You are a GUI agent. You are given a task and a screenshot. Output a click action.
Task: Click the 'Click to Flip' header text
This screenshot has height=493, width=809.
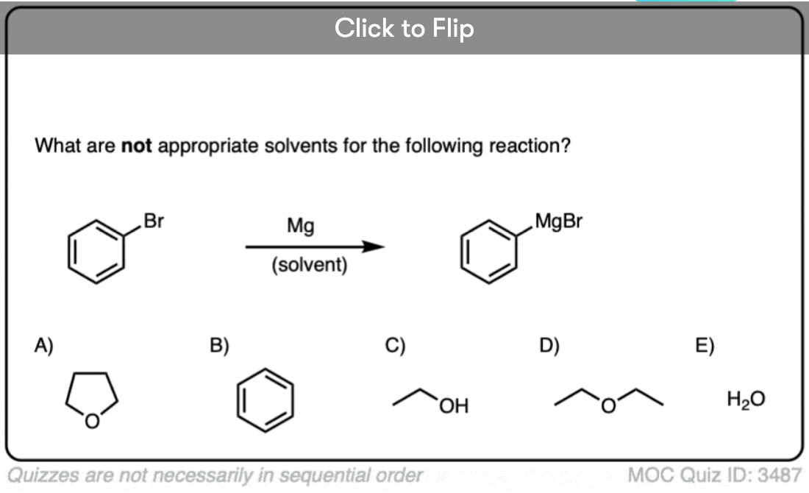pyautogui.click(x=404, y=28)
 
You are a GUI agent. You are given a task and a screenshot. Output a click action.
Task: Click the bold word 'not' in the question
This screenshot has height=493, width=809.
pyautogui.click(x=136, y=146)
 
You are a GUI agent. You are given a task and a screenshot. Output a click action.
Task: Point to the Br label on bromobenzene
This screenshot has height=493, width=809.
pyautogui.click(x=154, y=221)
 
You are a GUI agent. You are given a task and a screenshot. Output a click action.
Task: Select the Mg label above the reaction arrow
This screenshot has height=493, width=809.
pyautogui.click(x=300, y=226)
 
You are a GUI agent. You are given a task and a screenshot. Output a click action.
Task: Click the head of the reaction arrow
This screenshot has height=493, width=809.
pyautogui.click(x=374, y=246)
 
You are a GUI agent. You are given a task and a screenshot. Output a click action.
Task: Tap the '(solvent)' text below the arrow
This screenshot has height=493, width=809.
pyautogui.click(x=310, y=265)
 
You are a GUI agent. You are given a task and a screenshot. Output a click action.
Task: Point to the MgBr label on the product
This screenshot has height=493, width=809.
pyautogui.click(x=559, y=221)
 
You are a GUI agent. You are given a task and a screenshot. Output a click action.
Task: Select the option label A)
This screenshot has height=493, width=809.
pyautogui.click(x=44, y=345)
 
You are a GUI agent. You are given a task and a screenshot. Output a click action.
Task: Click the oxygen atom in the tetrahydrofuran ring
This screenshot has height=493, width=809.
pyautogui.click(x=92, y=421)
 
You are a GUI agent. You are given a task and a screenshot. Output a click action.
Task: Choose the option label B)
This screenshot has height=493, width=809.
pyautogui.click(x=219, y=345)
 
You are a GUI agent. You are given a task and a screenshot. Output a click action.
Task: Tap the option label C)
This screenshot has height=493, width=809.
pyautogui.click(x=395, y=345)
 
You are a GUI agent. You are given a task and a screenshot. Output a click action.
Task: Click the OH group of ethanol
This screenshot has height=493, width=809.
pyautogui.click(x=454, y=406)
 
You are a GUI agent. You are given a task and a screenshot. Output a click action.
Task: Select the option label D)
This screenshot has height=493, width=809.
pyautogui.click(x=549, y=345)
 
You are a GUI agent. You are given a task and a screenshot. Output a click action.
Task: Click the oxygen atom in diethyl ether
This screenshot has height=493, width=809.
pyautogui.click(x=608, y=405)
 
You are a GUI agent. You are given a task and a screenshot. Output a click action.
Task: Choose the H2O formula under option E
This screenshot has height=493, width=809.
pyautogui.click(x=746, y=399)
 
